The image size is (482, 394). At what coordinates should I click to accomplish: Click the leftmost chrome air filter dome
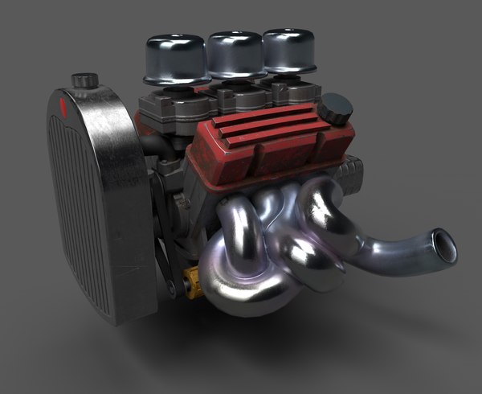pyautogui.click(x=174, y=58)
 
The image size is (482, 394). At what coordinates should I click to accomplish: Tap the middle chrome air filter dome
pyautogui.click(x=235, y=54)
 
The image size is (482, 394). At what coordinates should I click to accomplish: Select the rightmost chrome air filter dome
pyautogui.click(x=288, y=50)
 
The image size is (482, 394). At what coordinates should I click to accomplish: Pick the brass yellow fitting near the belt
pyautogui.click(x=193, y=282)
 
